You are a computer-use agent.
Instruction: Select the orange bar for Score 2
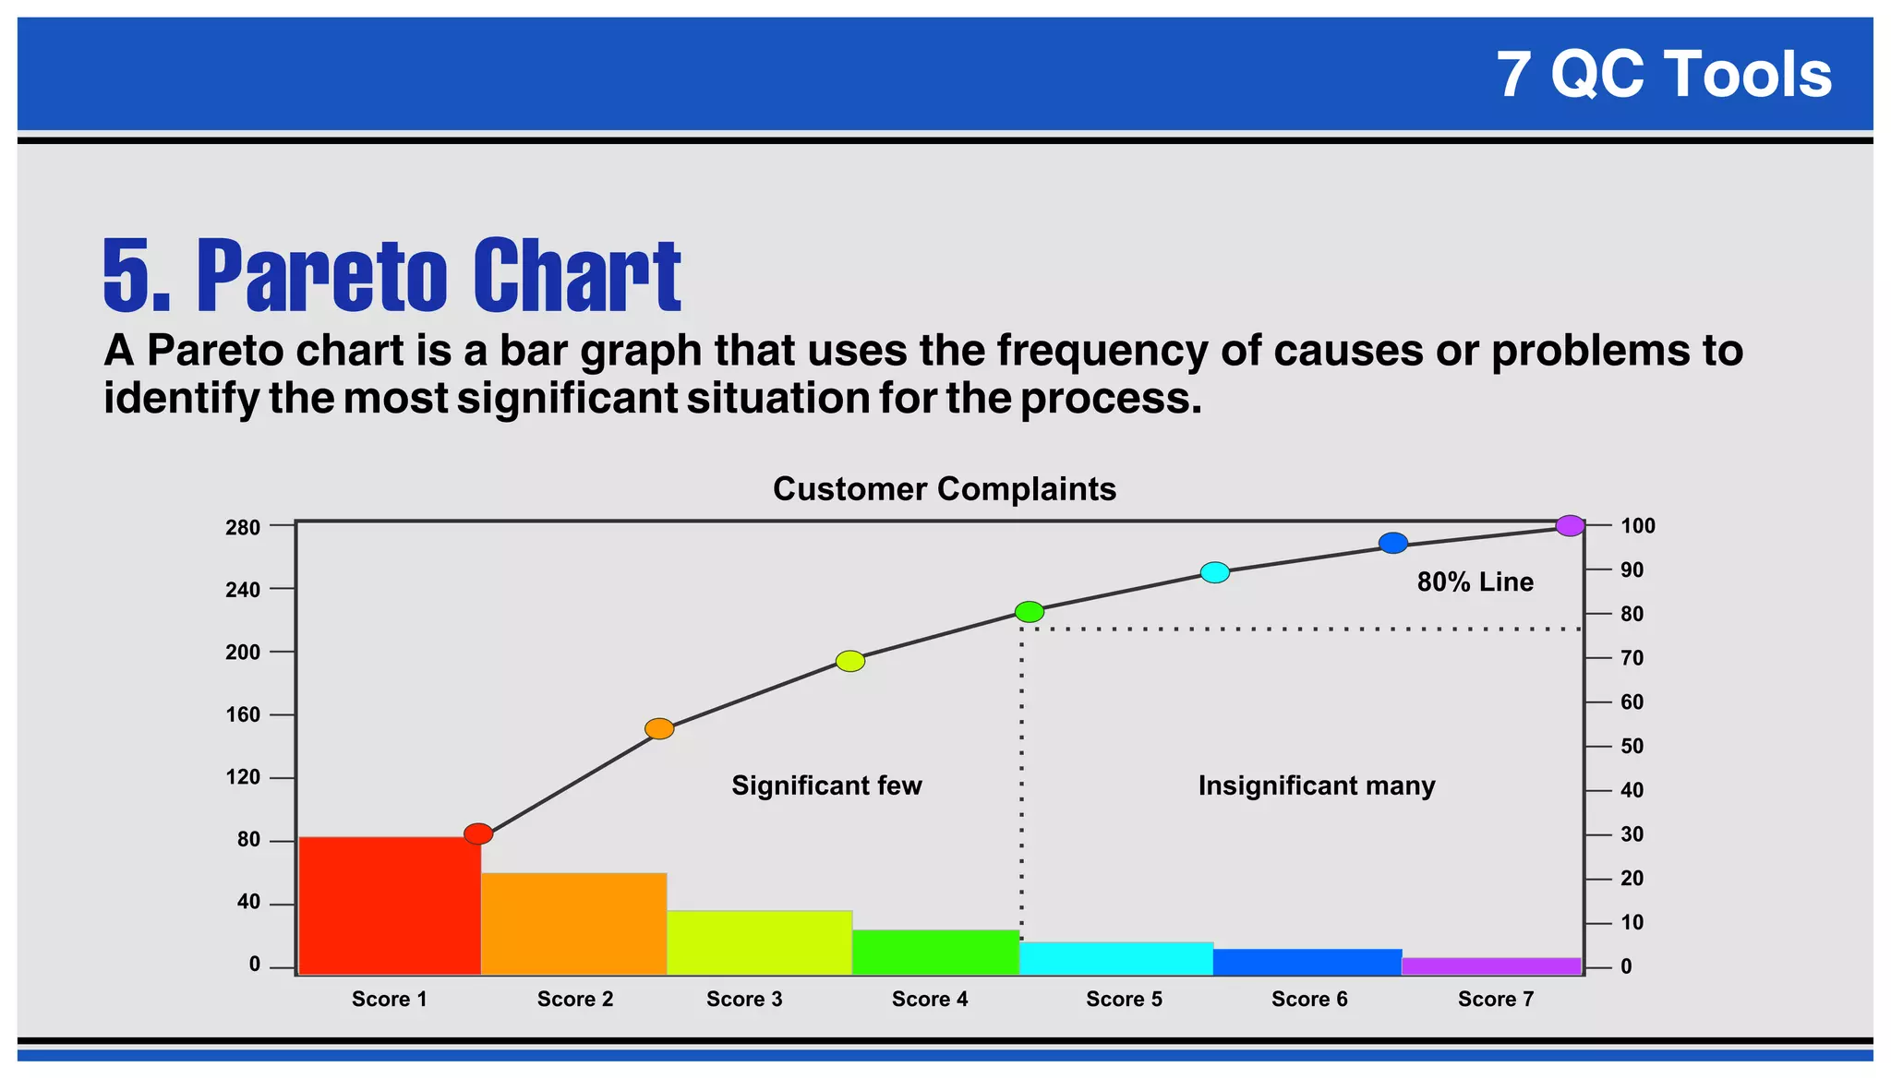573,923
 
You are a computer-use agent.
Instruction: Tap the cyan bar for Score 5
1115,958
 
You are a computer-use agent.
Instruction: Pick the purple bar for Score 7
1491,965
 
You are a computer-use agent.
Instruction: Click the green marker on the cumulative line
1029,612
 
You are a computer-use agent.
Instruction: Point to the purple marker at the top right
1570,526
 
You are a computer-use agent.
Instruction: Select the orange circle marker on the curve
659,728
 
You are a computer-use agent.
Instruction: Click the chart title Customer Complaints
944,489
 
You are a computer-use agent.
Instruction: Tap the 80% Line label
1475,581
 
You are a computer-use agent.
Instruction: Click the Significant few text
826,785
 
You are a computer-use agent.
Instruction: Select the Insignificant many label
1316,785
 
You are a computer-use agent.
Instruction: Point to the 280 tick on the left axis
243,528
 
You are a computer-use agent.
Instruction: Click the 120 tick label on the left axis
243,777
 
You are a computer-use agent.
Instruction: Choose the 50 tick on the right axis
1632,746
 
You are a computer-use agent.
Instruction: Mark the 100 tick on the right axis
1637,526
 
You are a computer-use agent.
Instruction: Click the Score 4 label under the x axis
930,999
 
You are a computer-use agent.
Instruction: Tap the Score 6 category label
1309,999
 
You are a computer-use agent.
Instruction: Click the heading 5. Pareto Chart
391,275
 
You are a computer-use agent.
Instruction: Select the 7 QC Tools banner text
1663,74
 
